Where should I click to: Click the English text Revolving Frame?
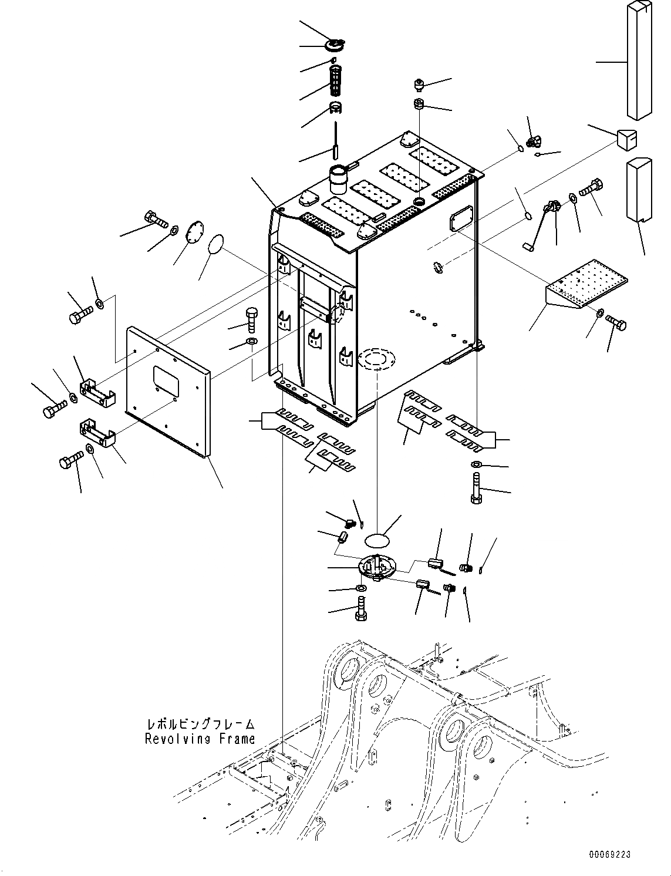[200, 739]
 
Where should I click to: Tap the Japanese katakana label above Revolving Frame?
[200, 725]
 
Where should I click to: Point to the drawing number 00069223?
[611, 855]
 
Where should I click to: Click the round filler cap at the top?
[335, 45]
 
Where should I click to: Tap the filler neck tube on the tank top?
[338, 178]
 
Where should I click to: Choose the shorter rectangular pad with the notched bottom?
[639, 188]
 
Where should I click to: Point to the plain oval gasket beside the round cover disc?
[215, 242]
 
